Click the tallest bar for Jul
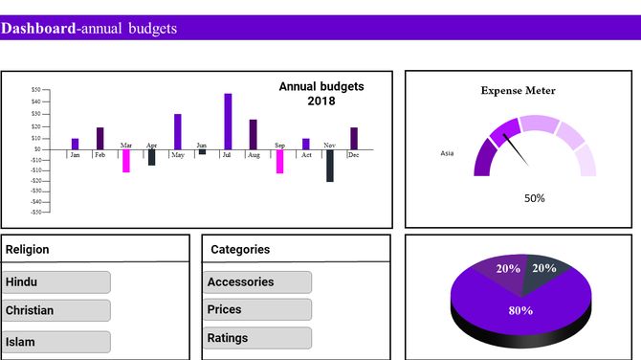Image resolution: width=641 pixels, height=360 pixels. coord(228,121)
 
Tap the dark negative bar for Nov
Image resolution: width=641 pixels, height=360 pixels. coord(330,166)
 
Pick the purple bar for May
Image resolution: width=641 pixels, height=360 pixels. coord(177,131)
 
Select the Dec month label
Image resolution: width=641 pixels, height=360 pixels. coord(353,155)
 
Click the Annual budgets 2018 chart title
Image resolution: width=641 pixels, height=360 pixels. coord(320,94)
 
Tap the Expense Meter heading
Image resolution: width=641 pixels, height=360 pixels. coord(518,91)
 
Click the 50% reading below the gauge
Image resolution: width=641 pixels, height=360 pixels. coord(535,198)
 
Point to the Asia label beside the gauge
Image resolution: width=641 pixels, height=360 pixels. coord(447,153)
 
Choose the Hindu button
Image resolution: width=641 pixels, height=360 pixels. coord(56,282)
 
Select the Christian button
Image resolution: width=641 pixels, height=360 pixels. coord(56,310)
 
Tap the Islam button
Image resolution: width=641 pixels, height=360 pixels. coord(56,342)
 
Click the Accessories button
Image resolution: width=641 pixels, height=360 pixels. coord(257,282)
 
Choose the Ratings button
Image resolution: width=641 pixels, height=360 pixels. coord(257,338)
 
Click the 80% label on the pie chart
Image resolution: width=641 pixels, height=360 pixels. coord(520,310)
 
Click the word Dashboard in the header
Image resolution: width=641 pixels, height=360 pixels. coord(38,29)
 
